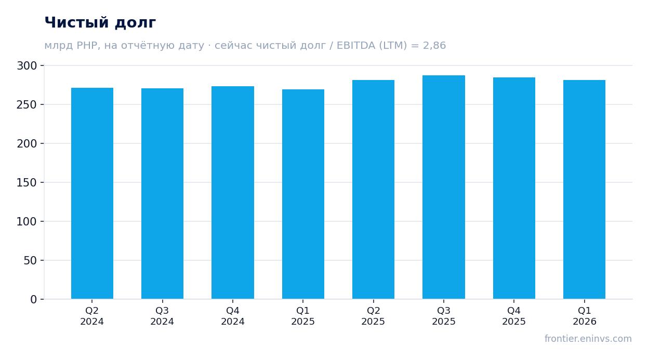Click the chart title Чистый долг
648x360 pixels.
[100, 22]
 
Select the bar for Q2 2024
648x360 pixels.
[92, 193]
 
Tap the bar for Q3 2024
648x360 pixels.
[162, 193]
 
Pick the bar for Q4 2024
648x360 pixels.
[233, 193]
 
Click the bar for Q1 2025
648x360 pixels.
[303, 194]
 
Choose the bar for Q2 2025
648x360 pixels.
[373, 190]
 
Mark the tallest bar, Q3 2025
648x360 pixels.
[444, 187]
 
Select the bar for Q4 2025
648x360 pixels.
[514, 188]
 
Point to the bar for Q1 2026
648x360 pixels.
[585, 190]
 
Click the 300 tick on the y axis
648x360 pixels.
[27, 66]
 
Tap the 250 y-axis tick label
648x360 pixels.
[27, 104]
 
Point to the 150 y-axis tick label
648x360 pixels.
[27, 183]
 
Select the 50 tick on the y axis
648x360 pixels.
[30, 261]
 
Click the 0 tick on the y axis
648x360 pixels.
[34, 300]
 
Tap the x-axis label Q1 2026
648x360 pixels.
[585, 316]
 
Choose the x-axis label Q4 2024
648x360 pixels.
[233, 316]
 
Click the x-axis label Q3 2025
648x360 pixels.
[444, 316]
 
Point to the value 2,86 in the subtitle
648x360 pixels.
[434, 45]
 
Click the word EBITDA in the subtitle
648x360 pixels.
[356, 45]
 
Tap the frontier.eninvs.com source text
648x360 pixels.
[588, 339]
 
